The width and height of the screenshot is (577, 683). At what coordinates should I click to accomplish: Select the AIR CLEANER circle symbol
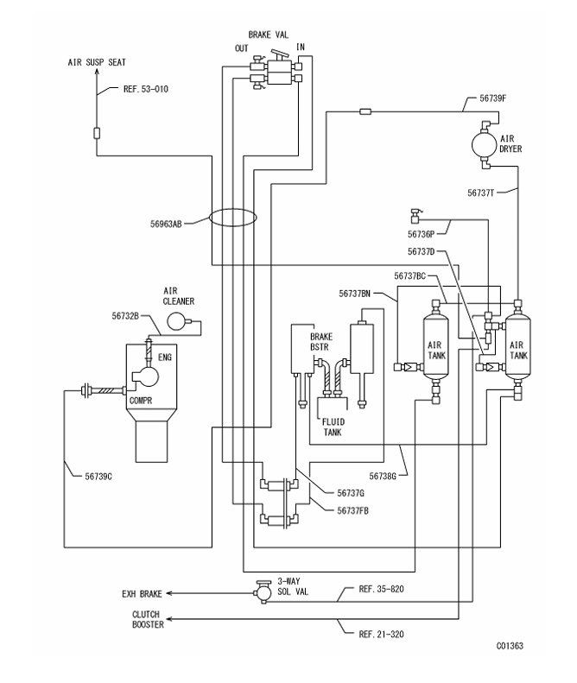click(x=179, y=321)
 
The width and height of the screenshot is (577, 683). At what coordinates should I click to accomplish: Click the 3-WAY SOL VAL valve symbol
click(x=259, y=593)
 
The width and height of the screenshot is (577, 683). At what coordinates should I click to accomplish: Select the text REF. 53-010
click(x=130, y=88)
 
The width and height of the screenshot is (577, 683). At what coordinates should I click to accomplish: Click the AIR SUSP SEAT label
click(x=97, y=63)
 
